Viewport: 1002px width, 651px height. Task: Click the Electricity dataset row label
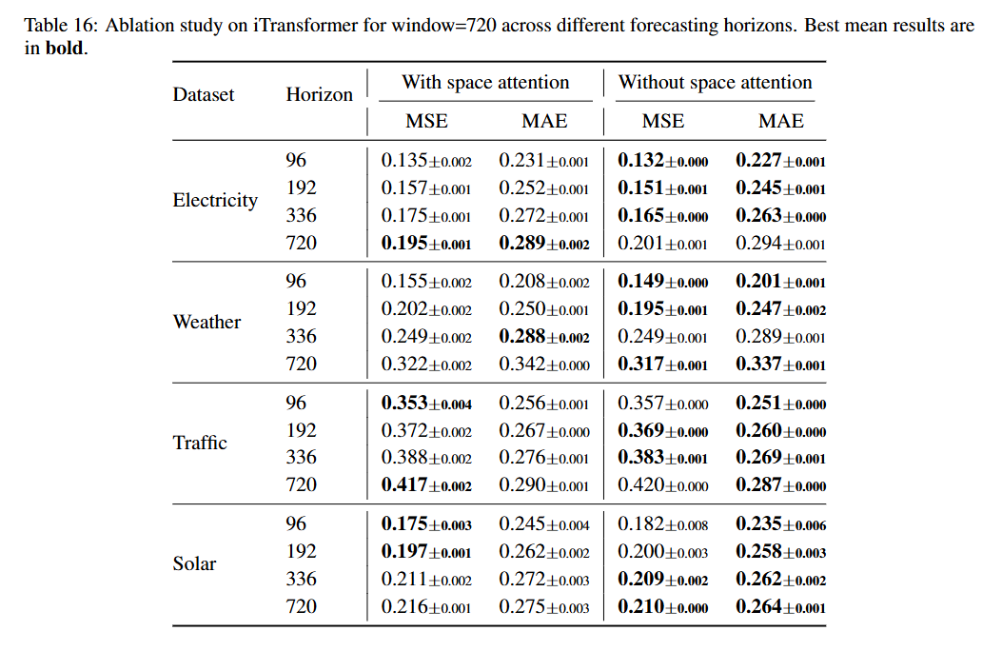pyautogui.click(x=215, y=201)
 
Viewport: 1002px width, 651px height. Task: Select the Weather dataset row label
pyautogui.click(x=206, y=322)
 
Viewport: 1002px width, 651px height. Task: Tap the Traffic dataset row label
pyautogui.click(x=200, y=443)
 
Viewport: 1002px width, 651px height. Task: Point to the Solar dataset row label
pyautogui.click(x=194, y=563)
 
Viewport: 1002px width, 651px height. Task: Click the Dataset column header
pyautogui.click(x=204, y=94)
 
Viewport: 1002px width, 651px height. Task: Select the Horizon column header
pyautogui.click(x=319, y=94)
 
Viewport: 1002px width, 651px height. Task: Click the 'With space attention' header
pyautogui.click(x=485, y=83)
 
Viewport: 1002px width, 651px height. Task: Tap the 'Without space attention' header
pyautogui.click(x=716, y=83)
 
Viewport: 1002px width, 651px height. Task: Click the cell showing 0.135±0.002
pyautogui.click(x=426, y=161)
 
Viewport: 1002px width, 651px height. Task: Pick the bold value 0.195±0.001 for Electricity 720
pyautogui.click(x=426, y=244)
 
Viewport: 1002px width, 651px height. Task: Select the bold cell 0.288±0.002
pyautogui.click(x=544, y=336)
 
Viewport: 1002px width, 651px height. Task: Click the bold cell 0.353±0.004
pyautogui.click(x=426, y=403)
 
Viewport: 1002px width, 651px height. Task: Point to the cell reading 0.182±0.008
pyautogui.click(x=663, y=523)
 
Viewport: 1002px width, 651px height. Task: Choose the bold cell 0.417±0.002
pyautogui.click(x=426, y=485)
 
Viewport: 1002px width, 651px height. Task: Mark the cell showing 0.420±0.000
pyautogui.click(x=663, y=485)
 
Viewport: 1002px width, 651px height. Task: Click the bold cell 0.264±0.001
pyautogui.click(x=780, y=606)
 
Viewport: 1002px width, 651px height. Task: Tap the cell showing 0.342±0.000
pyautogui.click(x=544, y=364)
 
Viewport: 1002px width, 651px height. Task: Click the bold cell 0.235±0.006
pyautogui.click(x=780, y=523)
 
